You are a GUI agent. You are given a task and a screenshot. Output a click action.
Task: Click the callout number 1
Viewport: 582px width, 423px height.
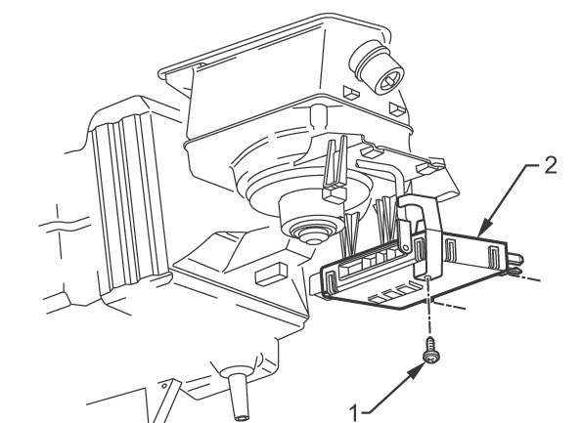coord(354,413)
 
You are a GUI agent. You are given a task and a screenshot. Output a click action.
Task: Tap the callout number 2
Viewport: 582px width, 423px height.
coord(551,165)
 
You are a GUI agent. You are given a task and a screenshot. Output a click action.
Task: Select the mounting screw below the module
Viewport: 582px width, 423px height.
coord(431,350)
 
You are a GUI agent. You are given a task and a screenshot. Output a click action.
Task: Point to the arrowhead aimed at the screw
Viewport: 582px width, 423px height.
coord(417,372)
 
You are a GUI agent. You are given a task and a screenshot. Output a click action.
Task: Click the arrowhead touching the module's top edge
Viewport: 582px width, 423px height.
coord(485,228)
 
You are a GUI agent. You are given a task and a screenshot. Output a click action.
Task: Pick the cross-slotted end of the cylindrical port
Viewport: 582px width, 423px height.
coord(389,79)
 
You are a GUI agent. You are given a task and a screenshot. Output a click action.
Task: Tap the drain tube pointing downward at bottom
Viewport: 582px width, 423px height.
coord(237,394)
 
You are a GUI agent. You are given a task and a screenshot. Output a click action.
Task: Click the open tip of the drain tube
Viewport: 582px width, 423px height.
coord(243,417)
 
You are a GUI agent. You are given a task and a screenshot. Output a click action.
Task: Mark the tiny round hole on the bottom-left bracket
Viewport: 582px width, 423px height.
coord(164,386)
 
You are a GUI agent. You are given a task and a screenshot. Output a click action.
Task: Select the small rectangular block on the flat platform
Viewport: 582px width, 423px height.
coord(271,274)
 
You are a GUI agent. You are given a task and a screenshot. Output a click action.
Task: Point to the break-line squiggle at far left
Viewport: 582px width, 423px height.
coord(64,223)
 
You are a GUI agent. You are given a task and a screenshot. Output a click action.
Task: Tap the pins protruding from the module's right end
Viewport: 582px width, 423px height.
coord(516,263)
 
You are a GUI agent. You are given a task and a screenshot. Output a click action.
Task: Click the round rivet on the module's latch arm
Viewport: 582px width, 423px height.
coord(405,247)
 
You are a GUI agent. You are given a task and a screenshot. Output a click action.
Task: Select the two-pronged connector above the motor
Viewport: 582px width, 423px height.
coord(336,168)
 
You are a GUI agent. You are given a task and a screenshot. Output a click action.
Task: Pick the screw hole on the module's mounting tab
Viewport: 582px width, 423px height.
coord(427,276)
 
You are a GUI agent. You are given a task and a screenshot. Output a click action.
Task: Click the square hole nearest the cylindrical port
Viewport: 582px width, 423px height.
coord(350,92)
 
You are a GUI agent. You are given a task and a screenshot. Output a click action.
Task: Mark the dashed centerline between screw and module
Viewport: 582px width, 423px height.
coord(429,307)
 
